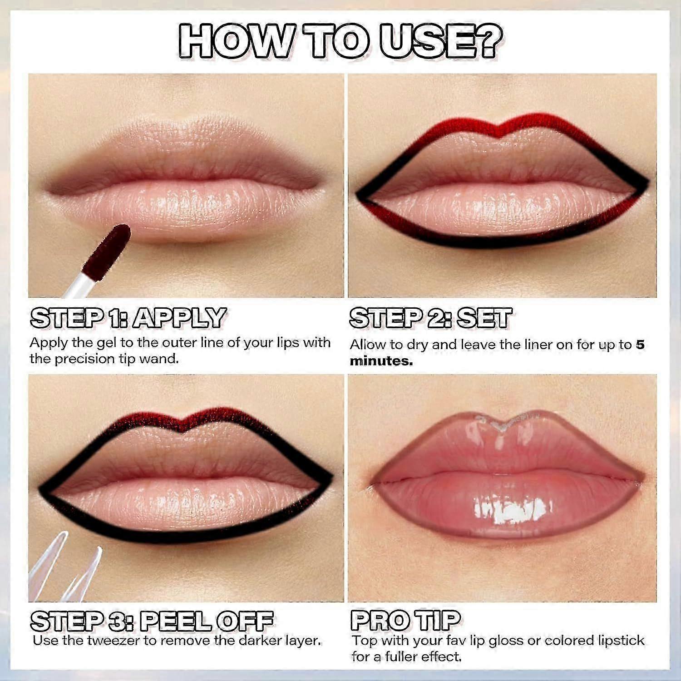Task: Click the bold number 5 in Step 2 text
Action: point(640,344)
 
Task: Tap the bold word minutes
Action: point(381,361)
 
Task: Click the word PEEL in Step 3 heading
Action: point(175,621)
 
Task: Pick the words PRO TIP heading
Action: point(405,620)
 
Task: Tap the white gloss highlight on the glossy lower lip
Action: point(508,508)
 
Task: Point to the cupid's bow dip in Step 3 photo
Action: point(183,428)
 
